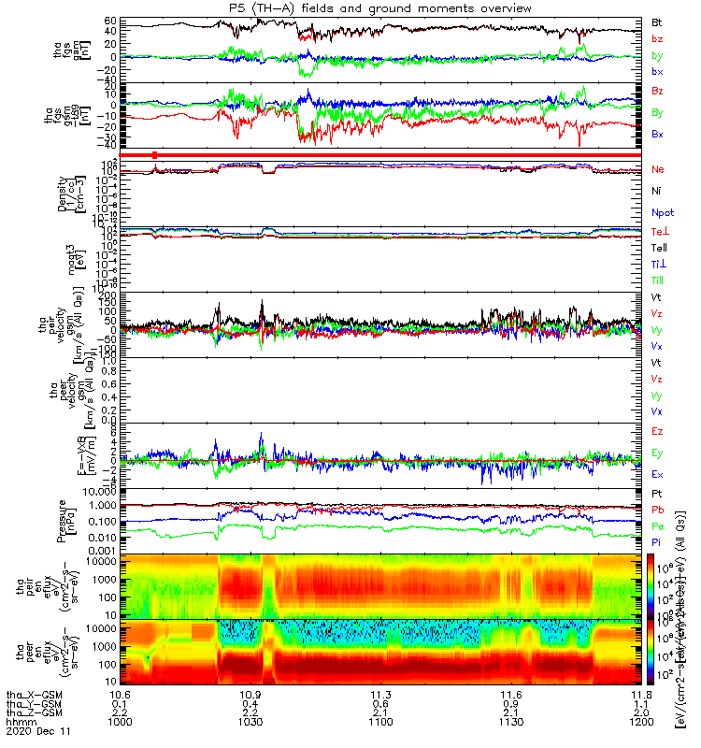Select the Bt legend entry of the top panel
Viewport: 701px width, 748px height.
pyautogui.click(x=657, y=20)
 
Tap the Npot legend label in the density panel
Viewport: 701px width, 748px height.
pyautogui.click(x=662, y=214)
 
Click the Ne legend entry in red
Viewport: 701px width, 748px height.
pyautogui.click(x=658, y=169)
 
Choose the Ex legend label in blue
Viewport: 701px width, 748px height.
pyautogui.click(x=658, y=475)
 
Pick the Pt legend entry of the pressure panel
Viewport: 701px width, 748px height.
pyautogui.click(x=657, y=493)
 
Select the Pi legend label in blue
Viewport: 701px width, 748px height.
pyautogui.click(x=657, y=542)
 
